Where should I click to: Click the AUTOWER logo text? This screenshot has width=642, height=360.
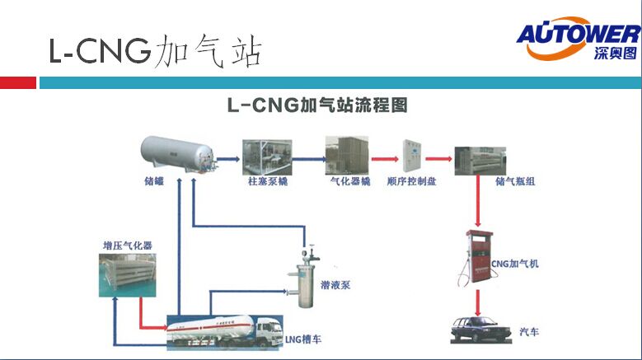[x=577, y=34]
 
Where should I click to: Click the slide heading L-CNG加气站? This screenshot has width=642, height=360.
[x=154, y=51]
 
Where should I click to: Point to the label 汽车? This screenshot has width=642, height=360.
[x=528, y=330]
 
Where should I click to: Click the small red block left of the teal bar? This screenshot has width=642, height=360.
[x=18, y=82]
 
